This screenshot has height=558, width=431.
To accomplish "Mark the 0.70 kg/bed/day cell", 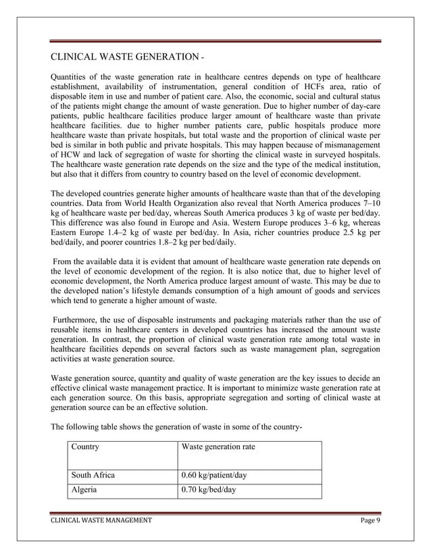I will tap(209, 490).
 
